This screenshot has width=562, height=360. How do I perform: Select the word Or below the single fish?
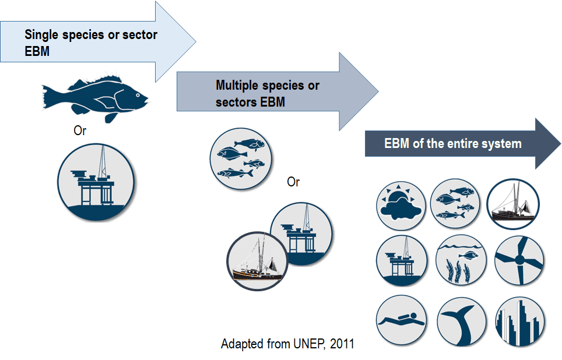(80, 131)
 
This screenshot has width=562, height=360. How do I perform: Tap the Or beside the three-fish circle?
(293, 182)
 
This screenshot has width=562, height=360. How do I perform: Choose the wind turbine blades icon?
(519, 260)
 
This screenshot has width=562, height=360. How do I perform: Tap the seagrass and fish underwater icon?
(461, 260)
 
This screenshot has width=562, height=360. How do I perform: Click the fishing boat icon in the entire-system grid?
(513, 204)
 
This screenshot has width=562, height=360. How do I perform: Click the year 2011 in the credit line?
(342, 344)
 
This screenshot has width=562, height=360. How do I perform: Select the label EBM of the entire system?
(452, 144)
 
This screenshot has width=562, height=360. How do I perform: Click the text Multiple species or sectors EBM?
(268, 94)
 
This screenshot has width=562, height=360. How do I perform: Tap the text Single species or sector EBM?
(90, 43)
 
